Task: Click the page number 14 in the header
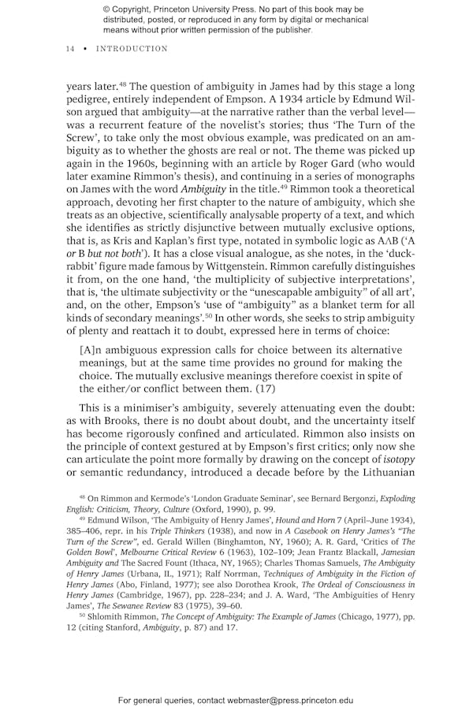pyautogui.click(x=69, y=49)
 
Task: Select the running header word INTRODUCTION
pyautogui.click(x=132, y=49)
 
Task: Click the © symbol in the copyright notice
pyautogui.click(x=106, y=9)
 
